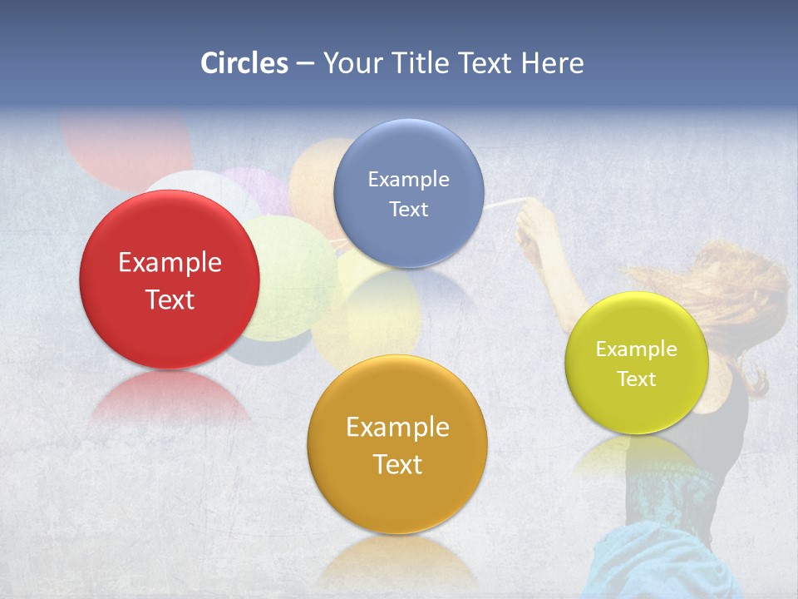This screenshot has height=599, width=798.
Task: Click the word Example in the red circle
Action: [x=170, y=263]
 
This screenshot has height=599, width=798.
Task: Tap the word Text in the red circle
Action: [x=170, y=299]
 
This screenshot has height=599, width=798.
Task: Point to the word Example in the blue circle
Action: [x=408, y=180]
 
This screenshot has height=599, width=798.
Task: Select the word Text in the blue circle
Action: [x=408, y=210]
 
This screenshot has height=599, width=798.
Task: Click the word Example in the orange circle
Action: [x=397, y=428]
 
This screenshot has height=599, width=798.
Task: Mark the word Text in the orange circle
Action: [x=397, y=464]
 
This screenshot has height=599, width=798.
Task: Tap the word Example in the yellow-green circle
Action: [x=637, y=349]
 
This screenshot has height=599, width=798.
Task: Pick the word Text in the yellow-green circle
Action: [x=637, y=379]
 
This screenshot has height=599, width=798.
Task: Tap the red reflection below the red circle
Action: [x=169, y=399]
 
